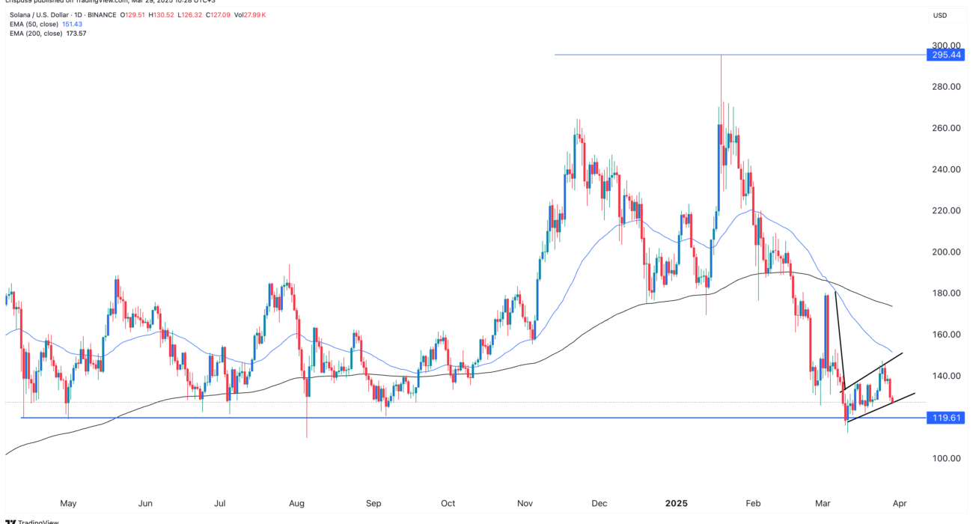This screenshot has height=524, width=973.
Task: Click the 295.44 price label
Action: [x=945, y=55]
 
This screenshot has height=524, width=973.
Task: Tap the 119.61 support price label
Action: [x=945, y=418]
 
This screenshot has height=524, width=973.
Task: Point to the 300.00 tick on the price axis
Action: [x=944, y=45]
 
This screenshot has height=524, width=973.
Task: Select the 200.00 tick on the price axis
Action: [x=944, y=252]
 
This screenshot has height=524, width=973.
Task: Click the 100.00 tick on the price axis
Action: [x=944, y=458]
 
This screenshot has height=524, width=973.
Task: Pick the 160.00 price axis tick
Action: [x=944, y=335]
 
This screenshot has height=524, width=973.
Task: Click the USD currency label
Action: [x=940, y=15]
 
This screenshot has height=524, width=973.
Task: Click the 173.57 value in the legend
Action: [x=76, y=34]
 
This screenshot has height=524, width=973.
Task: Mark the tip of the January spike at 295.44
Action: [x=721, y=55]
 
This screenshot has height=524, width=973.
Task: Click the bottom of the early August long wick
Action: [x=307, y=437]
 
